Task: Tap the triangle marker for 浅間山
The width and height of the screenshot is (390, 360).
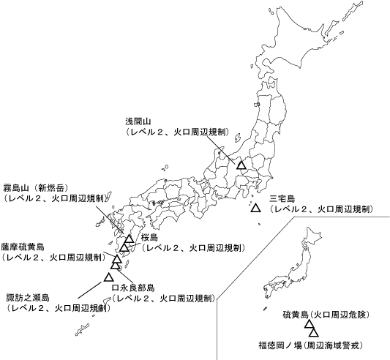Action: pos(241,165)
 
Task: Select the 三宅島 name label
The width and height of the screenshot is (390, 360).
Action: pos(282,198)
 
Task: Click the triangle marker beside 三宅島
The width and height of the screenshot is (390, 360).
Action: pos(255,209)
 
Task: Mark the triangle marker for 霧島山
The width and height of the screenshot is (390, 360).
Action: pos(129,239)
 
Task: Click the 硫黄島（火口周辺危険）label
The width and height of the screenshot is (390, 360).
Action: pos(325,315)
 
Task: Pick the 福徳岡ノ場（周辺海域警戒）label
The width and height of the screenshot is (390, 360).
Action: pos(311,344)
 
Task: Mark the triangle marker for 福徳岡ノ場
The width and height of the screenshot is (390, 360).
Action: pos(313,334)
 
